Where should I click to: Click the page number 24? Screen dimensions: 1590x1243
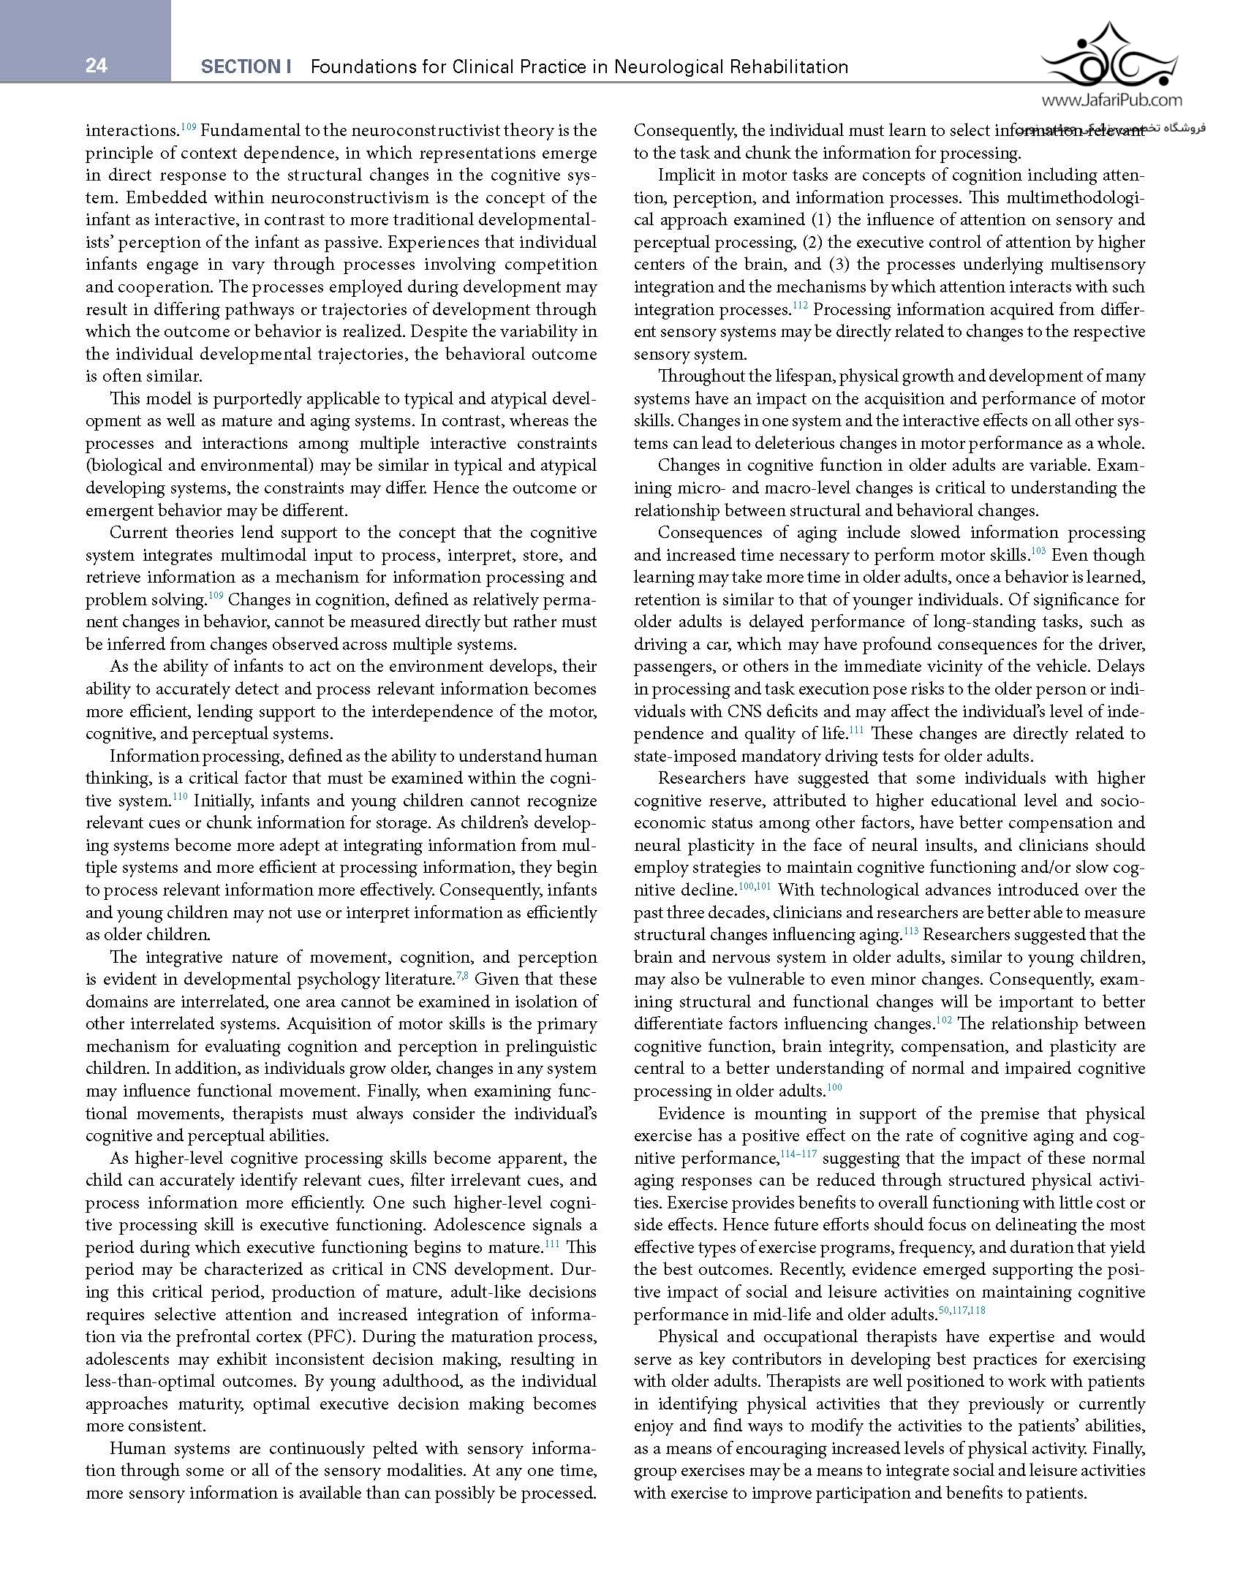click(x=96, y=67)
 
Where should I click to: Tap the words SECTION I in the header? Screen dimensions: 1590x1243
click(x=246, y=67)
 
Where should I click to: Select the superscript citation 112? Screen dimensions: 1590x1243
click(x=801, y=306)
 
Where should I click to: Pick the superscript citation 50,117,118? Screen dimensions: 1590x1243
click(x=961, y=1310)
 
